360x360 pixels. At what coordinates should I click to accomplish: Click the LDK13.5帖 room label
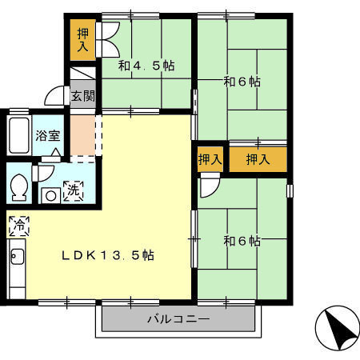(x=108, y=255)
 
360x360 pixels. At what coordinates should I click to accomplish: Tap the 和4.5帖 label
(x=146, y=66)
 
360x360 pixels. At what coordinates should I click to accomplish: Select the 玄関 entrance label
(x=83, y=96)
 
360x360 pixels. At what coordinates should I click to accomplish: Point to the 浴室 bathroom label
(x=48, y=135)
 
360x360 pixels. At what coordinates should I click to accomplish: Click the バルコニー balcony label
(x=178, y=318)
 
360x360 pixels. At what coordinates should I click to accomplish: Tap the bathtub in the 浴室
(x=18, y=135)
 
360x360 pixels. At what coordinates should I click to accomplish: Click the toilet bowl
(x=19, y=187)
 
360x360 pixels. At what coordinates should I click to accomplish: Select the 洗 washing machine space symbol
(x=73, y=190)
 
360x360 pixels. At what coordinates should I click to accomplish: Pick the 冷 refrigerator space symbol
(x=19, y=226)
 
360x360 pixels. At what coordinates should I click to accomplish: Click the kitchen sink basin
(x=17, y=256)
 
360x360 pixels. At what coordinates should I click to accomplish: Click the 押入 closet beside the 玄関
(x=82, y=40)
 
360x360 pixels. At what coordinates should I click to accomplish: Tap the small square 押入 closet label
(x=210, y=159)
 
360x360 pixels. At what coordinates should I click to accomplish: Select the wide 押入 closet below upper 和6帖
(x=258, y=159)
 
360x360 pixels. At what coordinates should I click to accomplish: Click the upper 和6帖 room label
(x=242, y=82)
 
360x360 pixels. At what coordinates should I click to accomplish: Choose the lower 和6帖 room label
(x=242, y=241)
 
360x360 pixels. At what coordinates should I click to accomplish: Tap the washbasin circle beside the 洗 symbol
(x=50, y=196)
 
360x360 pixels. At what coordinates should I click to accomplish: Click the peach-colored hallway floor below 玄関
(x=83, y=135)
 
